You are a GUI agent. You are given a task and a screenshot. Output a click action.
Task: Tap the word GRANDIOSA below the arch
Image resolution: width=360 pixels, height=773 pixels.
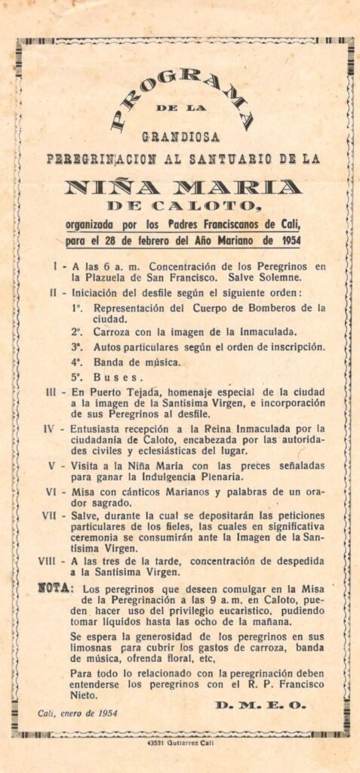coord(180,137)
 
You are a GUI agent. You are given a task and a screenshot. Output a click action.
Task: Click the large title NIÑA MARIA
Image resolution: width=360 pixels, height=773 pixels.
coord(183,186)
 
